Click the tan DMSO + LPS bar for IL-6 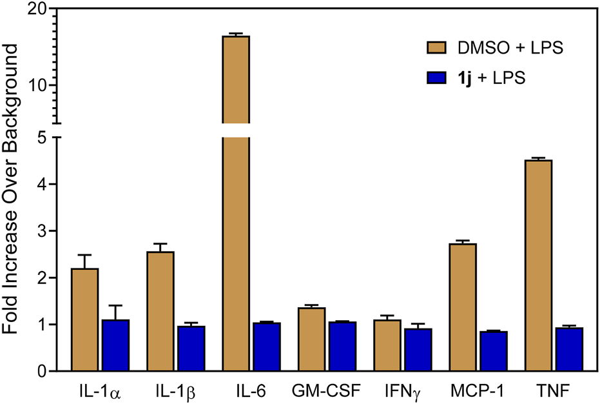coord(236,207)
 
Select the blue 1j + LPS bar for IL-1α coord(116,345)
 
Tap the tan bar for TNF coord(538,265)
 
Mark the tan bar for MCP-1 coord(463,307)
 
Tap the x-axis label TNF coord(554,390)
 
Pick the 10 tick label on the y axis coord(37,86)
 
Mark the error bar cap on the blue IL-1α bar coord(116,305)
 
